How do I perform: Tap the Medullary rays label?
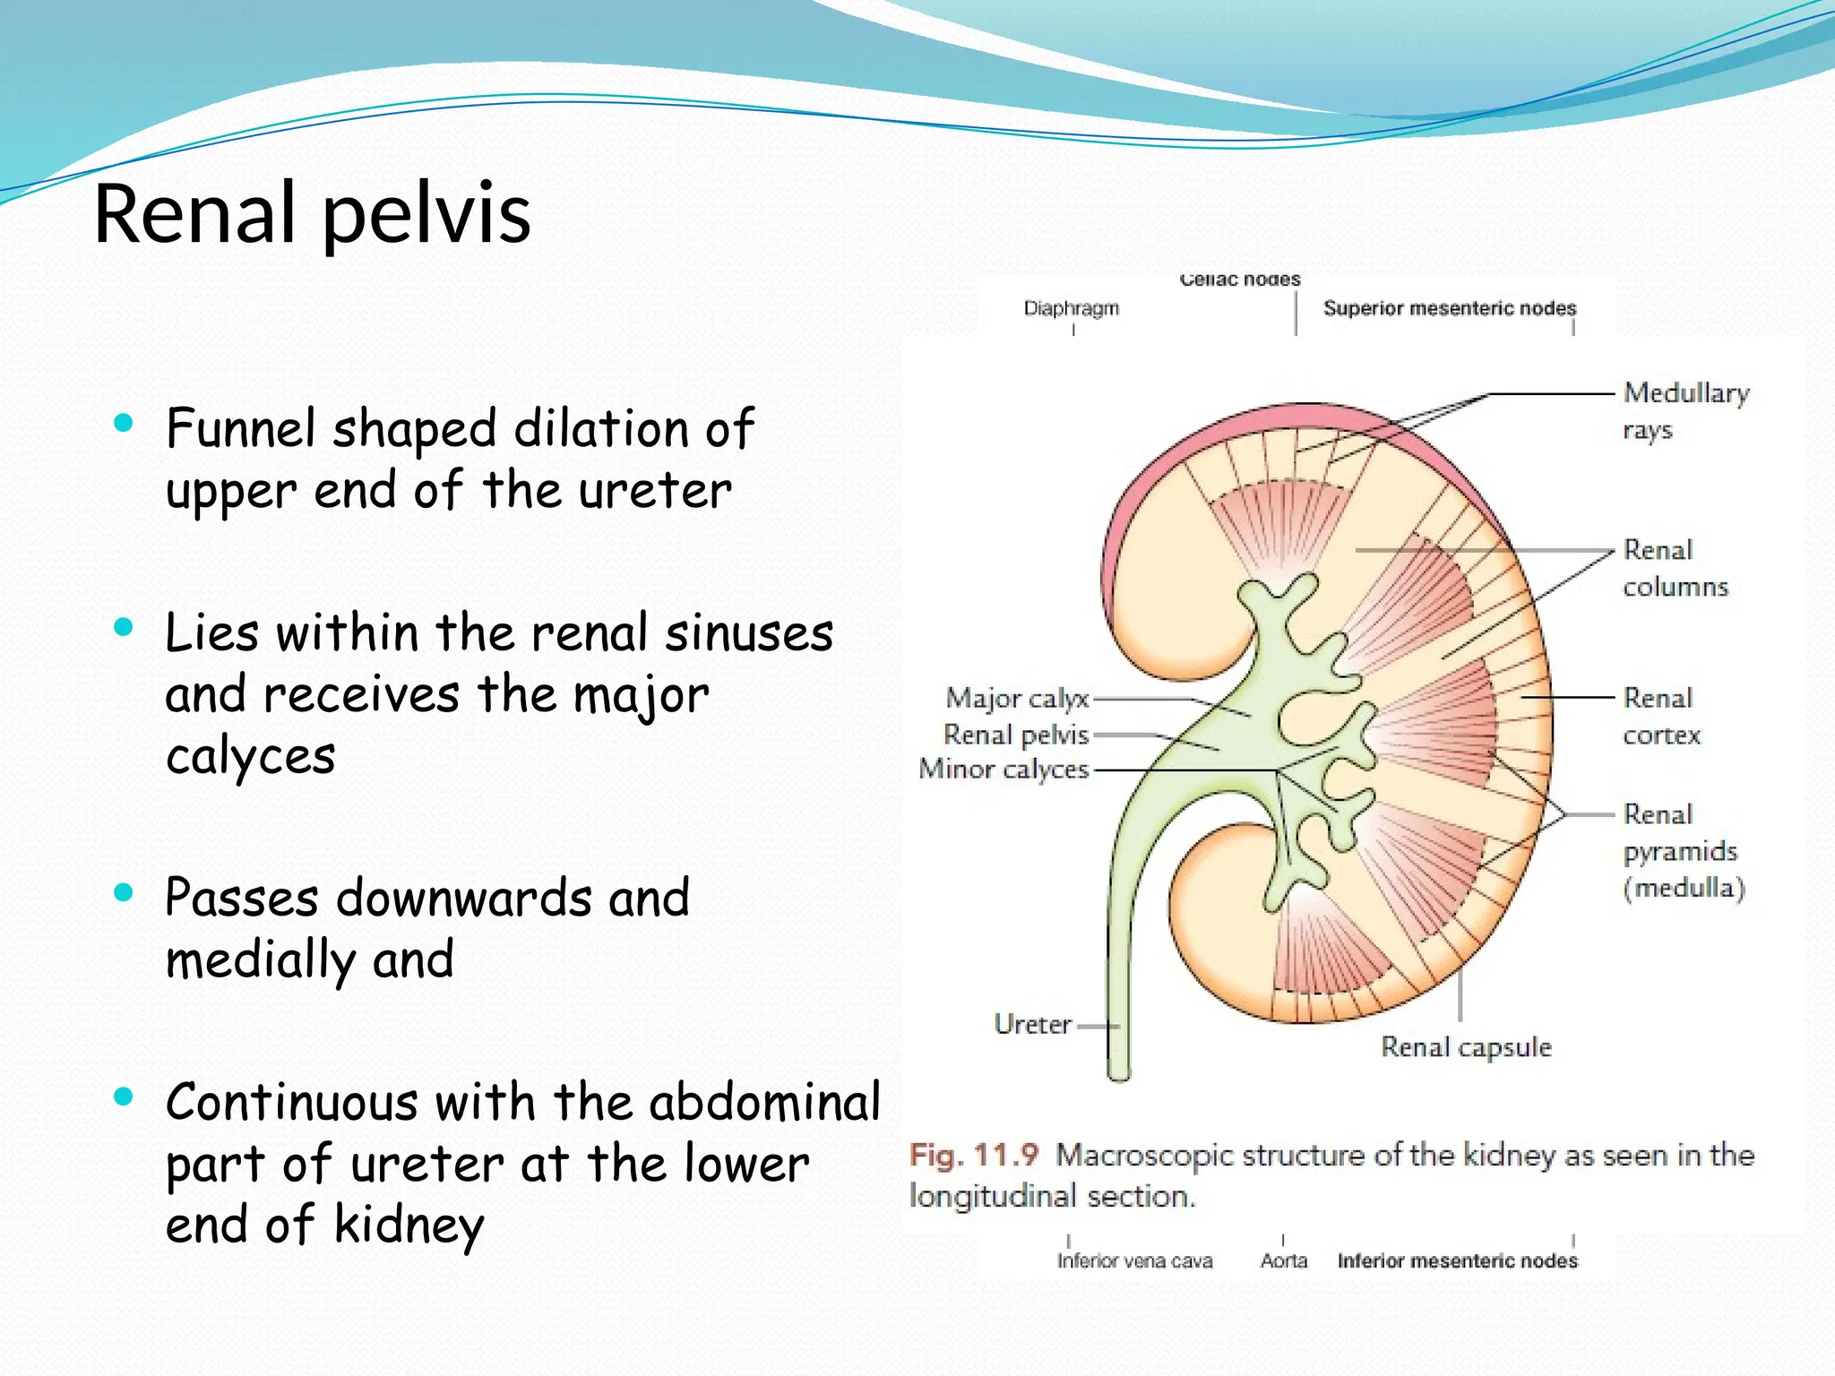1684,410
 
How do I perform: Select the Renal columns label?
1674,568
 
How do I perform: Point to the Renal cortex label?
1660,716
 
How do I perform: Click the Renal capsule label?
1466,1046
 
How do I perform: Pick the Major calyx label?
1017,698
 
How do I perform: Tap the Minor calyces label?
1004,769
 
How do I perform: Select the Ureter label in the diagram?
1032,1024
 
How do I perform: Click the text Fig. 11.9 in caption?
973,1155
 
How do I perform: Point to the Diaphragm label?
1071,308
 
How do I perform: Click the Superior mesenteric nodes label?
1449,308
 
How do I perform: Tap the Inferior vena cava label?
1134,1261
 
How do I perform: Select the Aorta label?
1283,1261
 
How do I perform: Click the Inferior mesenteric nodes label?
1457,1261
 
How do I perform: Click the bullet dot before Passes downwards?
124,892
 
